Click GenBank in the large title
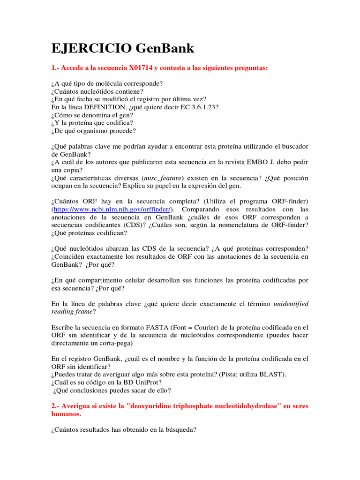coord(165,48)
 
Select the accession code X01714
coord(142,68)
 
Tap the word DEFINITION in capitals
coord(102,107)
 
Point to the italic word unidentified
coord(291,304)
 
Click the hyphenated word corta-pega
coord(114,343)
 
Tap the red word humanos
coord(66,414)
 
